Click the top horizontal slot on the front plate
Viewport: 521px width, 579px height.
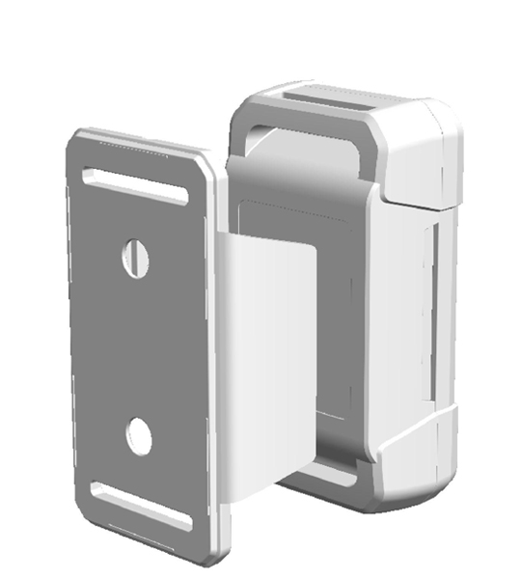point(135,185)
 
